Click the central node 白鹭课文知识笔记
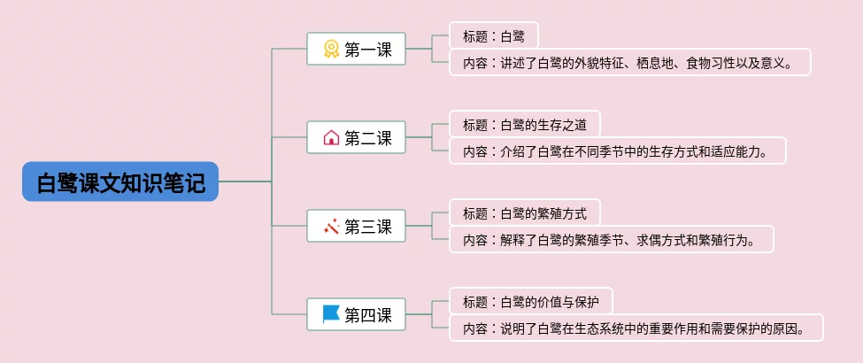pos(120,181)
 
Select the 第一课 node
pos(356,49)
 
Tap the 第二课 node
pos(356,137)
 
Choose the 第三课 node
pos(356,226)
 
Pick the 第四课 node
pos(356,314)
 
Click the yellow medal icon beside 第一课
pos(331,49)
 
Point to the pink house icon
pos(331,137)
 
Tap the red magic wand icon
pos(331,226)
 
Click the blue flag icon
pos(331,314)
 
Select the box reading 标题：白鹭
pos(494,36)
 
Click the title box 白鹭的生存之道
pos(525,125)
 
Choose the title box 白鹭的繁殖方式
pos(525,213)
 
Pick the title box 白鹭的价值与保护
pos(531,302)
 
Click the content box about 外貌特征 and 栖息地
pos(630,62)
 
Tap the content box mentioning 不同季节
pos(618,151)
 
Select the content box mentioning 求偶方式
pos(612,240)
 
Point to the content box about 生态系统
pos(636,328)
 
